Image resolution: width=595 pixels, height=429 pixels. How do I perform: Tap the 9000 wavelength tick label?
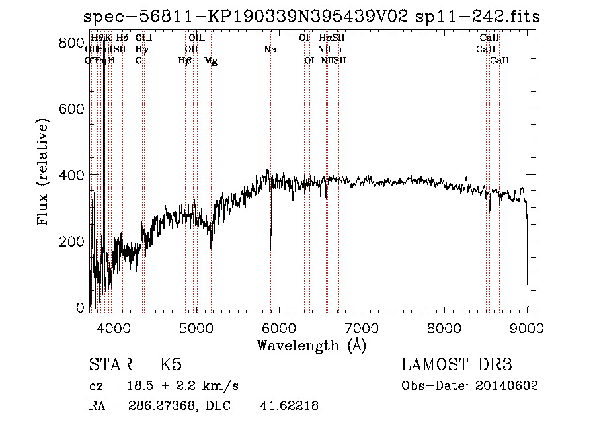point(527,327)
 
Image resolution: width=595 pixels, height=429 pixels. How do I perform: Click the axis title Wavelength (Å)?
point(311,345)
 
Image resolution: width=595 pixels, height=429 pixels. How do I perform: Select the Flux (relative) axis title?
point(44,173)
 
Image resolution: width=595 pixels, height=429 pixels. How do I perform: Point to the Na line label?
point(270,49)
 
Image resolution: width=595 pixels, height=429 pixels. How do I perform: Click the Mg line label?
point(211,61)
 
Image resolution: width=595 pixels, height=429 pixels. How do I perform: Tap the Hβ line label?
point(185,61)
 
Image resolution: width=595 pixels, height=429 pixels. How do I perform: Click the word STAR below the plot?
point(109,365)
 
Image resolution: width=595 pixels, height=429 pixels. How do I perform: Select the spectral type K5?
point(171,365)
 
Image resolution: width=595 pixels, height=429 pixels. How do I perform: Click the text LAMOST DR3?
point(457,365)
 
